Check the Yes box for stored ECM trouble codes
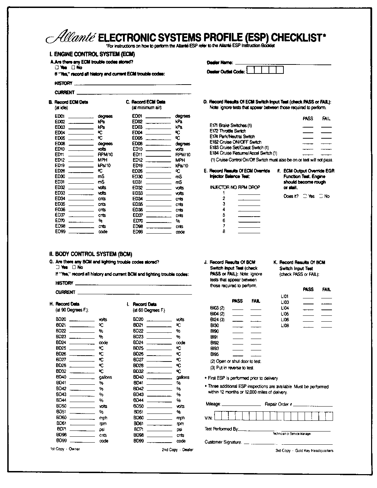[x=56, y=68]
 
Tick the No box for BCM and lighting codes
[x=74, y=267]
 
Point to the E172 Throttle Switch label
[x=228, y=131]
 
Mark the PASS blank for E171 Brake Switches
[x=307, y=127]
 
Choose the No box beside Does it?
[x=321, y=196]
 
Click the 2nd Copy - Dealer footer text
[x=177, y=450]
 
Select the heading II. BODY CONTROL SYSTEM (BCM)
[x=91, y=254]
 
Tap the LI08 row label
[x=284, y=325]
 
